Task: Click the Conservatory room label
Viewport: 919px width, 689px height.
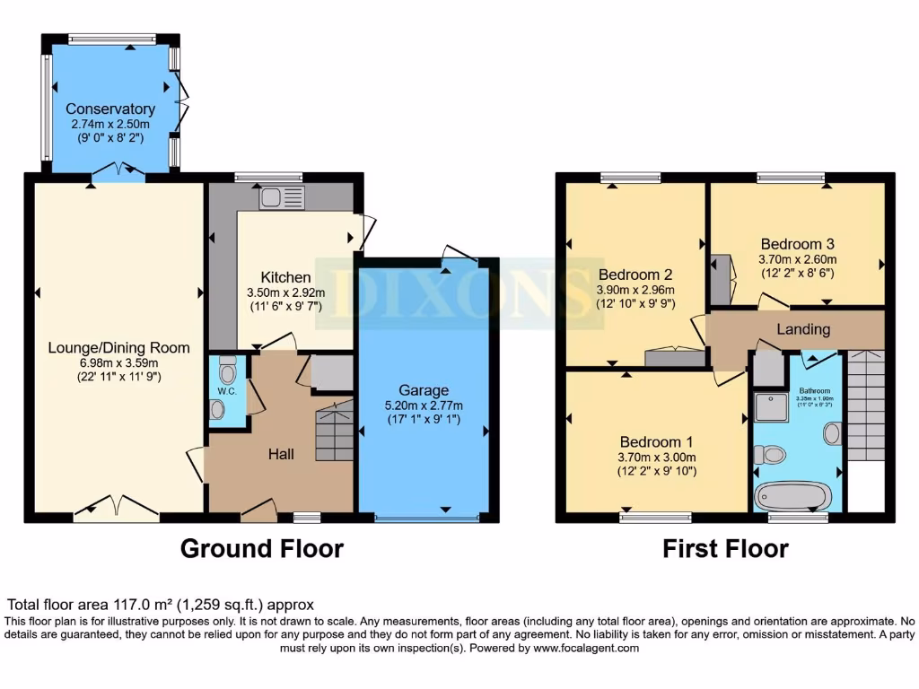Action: tap(109, 109)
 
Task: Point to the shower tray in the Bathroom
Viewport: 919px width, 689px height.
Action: tap(770, 406)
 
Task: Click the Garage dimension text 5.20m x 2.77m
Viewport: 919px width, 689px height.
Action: tap(424, 406)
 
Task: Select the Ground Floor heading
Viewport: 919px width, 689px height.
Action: tap(262, 548)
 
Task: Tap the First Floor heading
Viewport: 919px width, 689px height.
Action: tap(725, 548)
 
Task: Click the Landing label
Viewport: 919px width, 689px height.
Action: tap(802, 329)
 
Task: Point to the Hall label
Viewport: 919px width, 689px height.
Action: tap(281, 455)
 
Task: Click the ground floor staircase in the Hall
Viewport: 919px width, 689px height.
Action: tap(334, 433)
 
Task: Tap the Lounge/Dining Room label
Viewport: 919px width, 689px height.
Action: tap(119, 347)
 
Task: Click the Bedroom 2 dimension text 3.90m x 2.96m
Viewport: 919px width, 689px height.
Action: tap(635, 290)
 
